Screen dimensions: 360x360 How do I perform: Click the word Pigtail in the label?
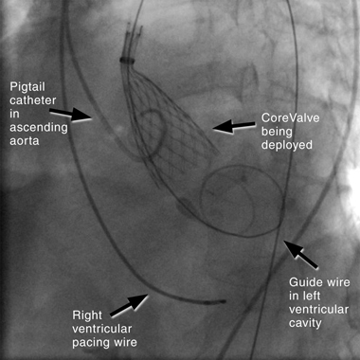[x=27, y=87]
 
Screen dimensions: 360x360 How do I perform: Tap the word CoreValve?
[x=290, y=118]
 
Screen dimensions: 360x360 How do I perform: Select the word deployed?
[x=286, y=146]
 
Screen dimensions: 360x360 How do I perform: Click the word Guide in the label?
[x=303, y=282]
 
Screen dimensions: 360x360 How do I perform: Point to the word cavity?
[x=305, y=323]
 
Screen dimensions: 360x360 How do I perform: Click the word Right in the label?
[x=87, y=316]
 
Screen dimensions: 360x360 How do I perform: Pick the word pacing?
[x=90, y=343]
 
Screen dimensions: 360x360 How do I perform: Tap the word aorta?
[x=25, y=141]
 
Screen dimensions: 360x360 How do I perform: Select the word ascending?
[x=39, y=128]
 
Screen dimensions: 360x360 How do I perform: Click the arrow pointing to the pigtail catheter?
[x=71, y=115]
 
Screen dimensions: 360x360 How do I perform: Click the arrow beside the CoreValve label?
[x=234, y=126]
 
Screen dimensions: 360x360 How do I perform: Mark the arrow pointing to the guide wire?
[x=300, y=255]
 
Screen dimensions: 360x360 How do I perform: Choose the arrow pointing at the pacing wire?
[x=129, y=304]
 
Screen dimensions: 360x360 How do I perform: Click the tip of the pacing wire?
[x=225, y=301]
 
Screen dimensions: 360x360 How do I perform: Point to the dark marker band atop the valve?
[x=128, y=60]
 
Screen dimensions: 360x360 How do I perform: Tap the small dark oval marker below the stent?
[x=183, y=208]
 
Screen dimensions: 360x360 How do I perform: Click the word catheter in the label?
[x=33, y=101]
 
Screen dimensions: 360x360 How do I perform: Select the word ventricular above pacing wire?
[x=101, y=329]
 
